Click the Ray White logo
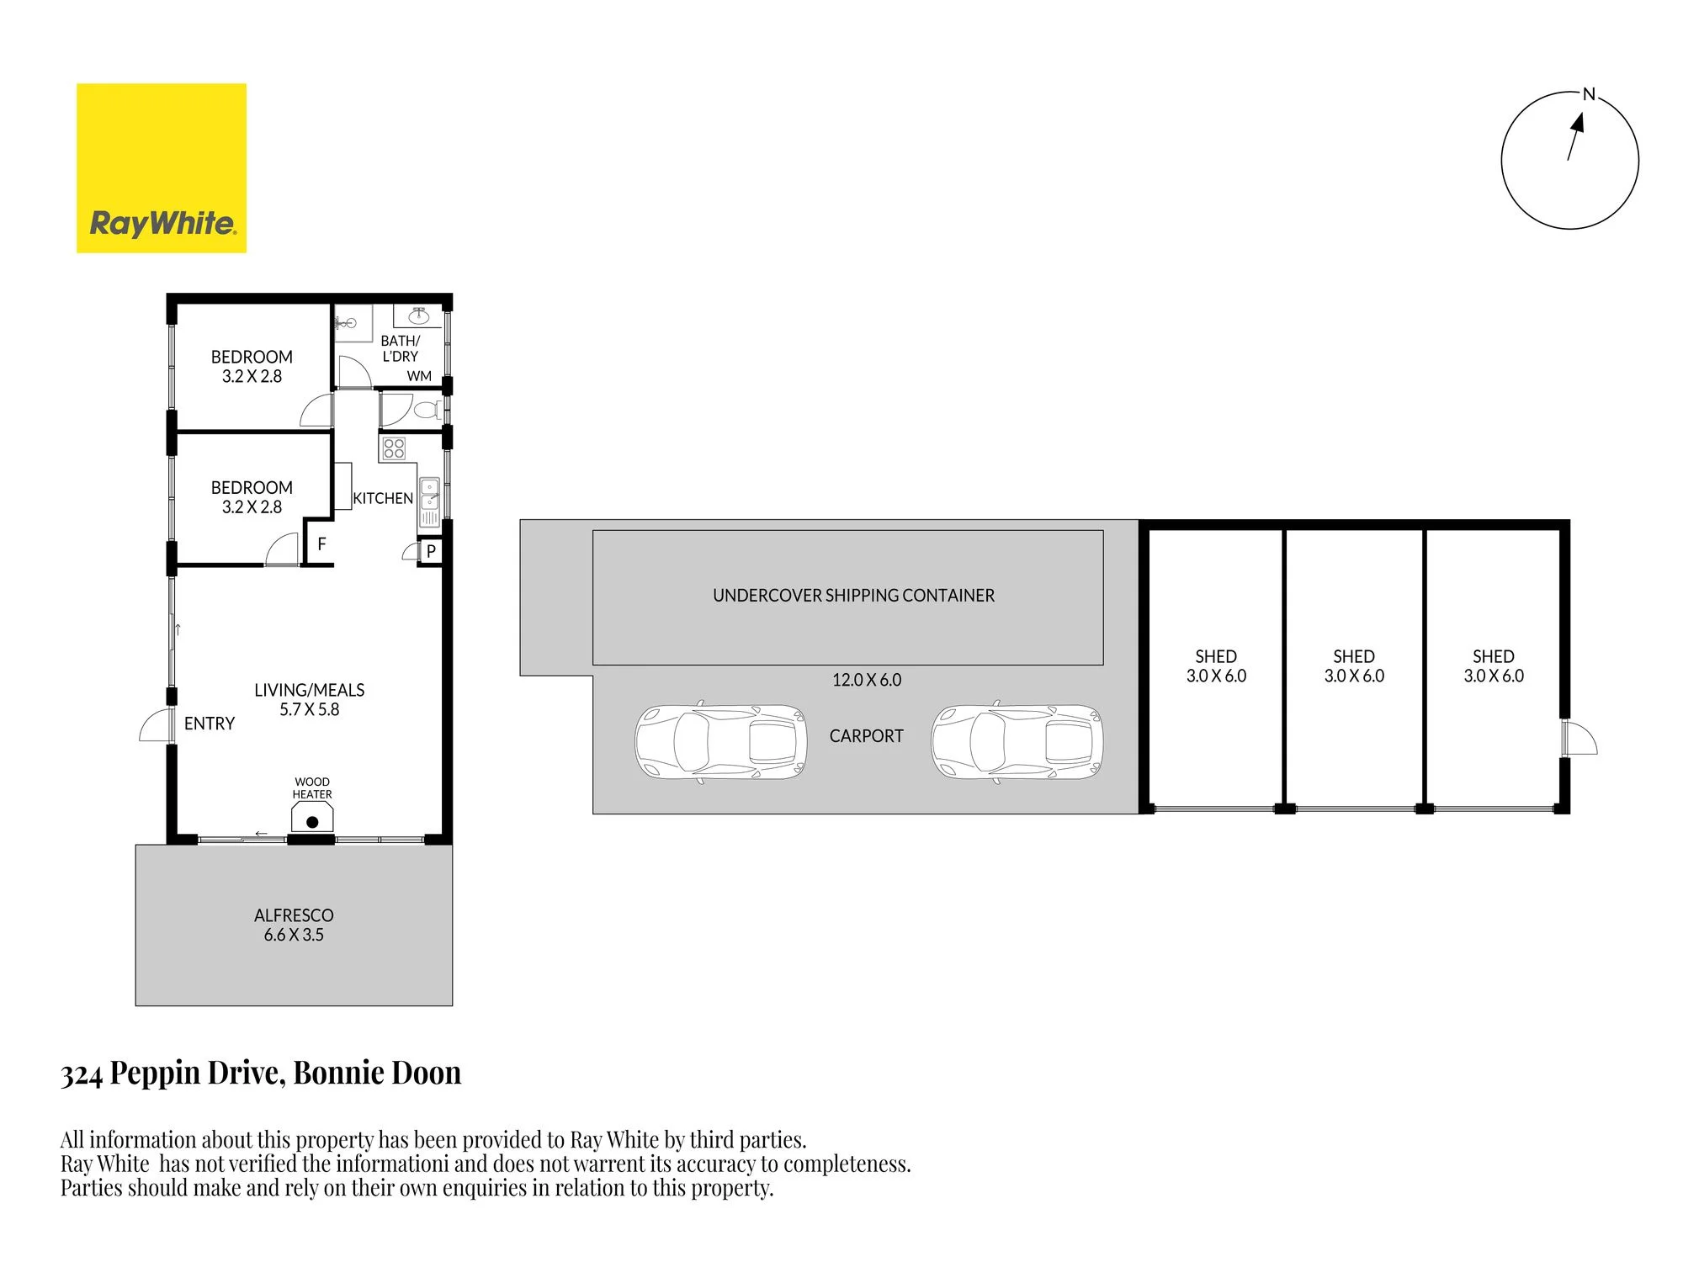[x=162, y=167]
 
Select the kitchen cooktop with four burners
[x=394, y=448]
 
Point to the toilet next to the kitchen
[x=427, y=411]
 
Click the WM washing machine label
[x=419, y=376]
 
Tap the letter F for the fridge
[x=321, y=544]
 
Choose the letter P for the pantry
[x=431, y=551]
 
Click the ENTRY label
[x=210, y=724]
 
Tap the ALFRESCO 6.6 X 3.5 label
[x=294, y=925]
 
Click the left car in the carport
[x=720, y=741]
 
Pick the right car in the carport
[x=1017, y=741]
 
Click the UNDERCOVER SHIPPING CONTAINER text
[x=853, y=596]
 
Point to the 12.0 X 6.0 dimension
[x=867, y=680]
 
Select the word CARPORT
[x=867, y=736]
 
